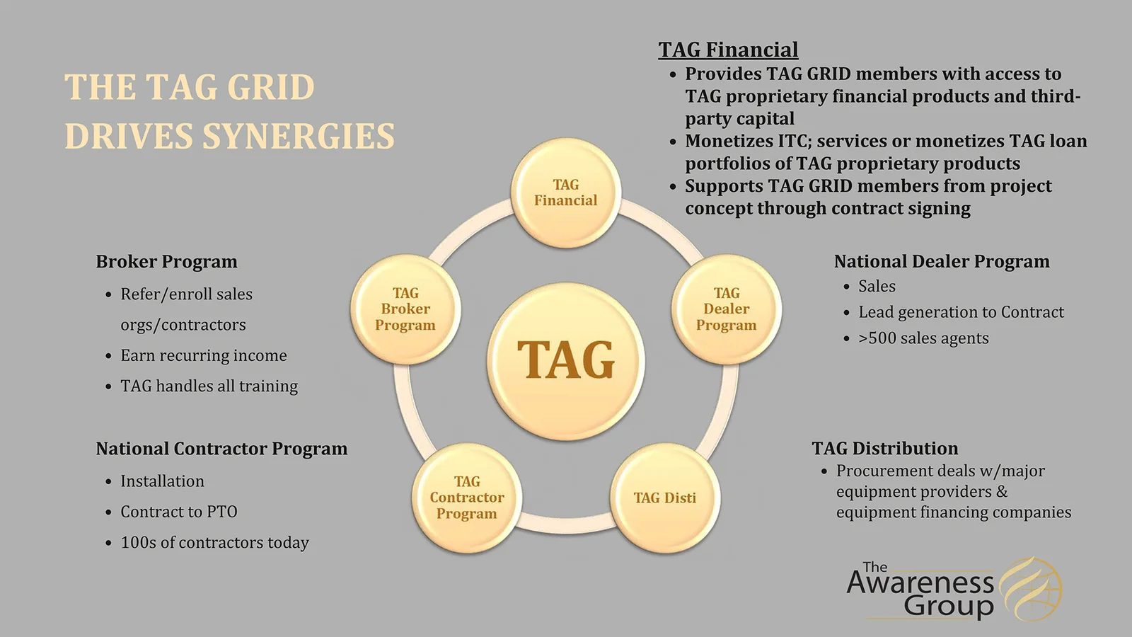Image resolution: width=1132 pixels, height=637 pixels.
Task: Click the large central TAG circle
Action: (565, 361)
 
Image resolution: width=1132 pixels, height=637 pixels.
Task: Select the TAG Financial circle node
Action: (565, 193)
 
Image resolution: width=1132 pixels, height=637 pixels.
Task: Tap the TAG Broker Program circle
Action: (405, 309)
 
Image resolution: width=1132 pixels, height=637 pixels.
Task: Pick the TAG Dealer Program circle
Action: (726, 309)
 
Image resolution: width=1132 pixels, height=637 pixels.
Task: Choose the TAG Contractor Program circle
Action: (467, 498)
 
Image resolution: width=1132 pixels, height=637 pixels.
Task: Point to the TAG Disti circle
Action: (665, 498)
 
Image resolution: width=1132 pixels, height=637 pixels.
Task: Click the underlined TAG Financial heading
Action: (728, 50)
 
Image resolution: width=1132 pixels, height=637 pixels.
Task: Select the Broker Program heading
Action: (167, 262)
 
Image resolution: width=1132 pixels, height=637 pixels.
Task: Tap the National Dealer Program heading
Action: (942, 261)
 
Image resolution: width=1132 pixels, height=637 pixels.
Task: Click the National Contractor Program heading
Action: (222, 449)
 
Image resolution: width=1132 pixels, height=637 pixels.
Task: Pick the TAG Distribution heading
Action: (885, 449)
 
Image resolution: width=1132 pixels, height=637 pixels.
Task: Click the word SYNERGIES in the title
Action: (298, 136)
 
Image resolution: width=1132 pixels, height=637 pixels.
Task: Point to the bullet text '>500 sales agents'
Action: (923, 338)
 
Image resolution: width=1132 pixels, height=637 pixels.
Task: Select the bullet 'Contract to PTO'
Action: (179, 512)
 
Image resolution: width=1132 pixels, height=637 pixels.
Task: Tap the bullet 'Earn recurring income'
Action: (204, 355)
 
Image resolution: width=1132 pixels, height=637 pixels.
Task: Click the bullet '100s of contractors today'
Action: (215, 542)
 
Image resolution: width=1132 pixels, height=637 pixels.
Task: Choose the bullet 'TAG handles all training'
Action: (209, 386)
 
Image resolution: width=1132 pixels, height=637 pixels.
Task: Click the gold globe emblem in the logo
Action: (1032, 590)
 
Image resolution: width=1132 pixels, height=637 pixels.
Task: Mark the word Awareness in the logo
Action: (920, 583)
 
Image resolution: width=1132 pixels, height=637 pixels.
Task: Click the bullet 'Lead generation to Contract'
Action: (961, 312)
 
